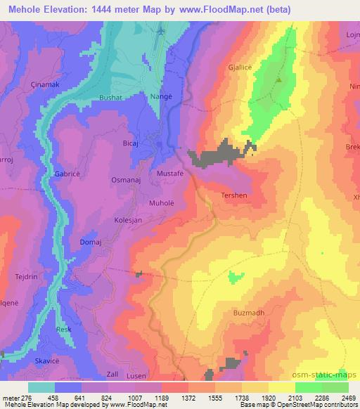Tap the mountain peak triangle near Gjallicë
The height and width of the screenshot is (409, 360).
coord(280,79)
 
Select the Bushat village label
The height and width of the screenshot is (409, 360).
coord(110,98)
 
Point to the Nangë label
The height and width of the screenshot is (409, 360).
coord(157,97)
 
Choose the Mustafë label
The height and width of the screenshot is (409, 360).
coord(171,171)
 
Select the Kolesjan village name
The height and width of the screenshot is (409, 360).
coord(129,220)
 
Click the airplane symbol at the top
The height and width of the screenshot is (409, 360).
coord(162,32)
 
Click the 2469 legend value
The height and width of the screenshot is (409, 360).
coord(348,398)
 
